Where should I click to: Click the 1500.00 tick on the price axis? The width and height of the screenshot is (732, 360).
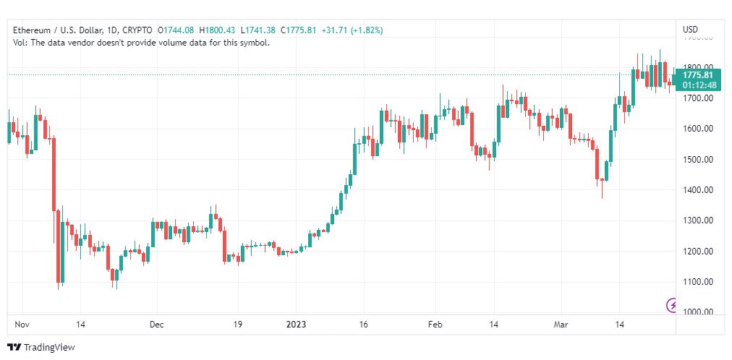pyautogui.click(x=698, y=160)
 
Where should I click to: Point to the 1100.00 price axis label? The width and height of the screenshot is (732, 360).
pyautogui.click(x=698, y=282)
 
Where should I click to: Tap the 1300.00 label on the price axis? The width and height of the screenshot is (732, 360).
pyautogui.click(x=698, y=221)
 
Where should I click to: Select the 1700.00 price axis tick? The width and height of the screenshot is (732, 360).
pyautogui.click(x=698, y=98)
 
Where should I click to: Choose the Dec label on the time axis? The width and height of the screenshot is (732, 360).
pyautogui.click(x=156, y=325)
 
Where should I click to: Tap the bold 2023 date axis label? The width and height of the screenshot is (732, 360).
pyautogui.click(x=296, y=325)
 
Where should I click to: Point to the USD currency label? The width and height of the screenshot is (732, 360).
pyautogui.click(x=691, y=30)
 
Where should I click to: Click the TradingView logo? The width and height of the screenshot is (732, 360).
pyautogui.click(x=41, y=348)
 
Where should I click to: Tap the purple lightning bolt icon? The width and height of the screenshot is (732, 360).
pyautogui.click(x=672, y=306)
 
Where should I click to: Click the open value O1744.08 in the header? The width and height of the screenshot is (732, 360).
pyautogui.click(x=176, y=30)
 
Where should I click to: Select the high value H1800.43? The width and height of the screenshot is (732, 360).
pyautogui.click(x=217, y=30)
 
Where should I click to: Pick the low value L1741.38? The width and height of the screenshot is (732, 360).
pyautogui.click(x=258, y=30)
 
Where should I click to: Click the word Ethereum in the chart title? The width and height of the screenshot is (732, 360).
pyautogui.click(x=30, y=30)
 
